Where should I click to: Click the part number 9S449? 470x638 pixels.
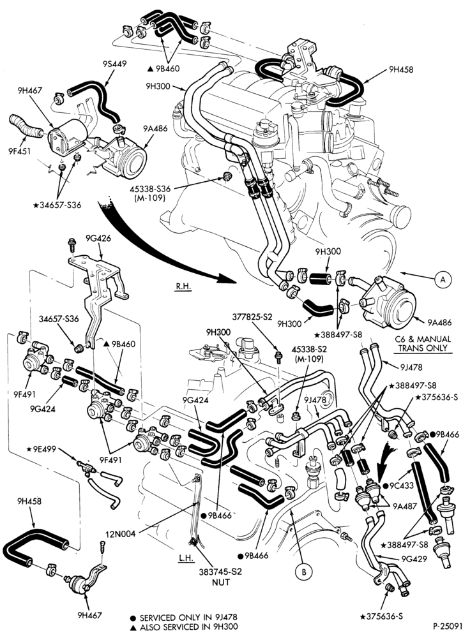pos(116,64)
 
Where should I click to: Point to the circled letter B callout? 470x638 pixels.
pos(303,571)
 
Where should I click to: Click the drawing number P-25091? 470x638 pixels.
pos(447,625)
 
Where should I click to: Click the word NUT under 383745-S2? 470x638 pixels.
pos(220,582)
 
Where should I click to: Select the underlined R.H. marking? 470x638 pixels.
pos(183,286)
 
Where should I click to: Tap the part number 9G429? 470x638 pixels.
pos(414,559)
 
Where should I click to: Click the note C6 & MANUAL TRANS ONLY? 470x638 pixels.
pos(422,343)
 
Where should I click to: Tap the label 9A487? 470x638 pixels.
pos(405,507)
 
